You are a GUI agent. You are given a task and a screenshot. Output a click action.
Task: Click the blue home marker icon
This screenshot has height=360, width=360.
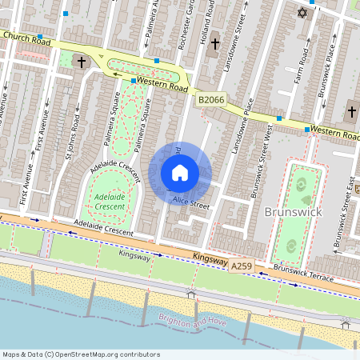180,173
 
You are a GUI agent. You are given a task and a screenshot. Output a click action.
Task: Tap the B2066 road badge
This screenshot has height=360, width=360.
210,99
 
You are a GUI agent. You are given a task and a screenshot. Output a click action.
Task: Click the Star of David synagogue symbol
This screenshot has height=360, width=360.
302,13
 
